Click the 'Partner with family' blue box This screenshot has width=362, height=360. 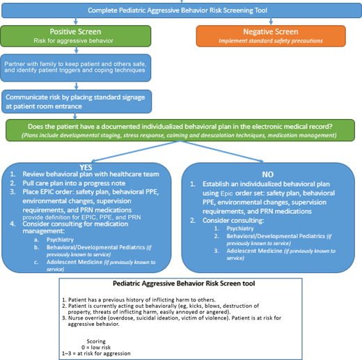[x=74, y=66]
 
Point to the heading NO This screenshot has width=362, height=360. [x=269, y=173]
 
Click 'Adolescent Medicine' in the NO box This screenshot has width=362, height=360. [x=257, y=251]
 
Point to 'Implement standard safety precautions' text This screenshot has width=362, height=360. [x=270, y=41]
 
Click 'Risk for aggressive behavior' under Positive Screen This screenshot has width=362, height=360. [x=74, y=41]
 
